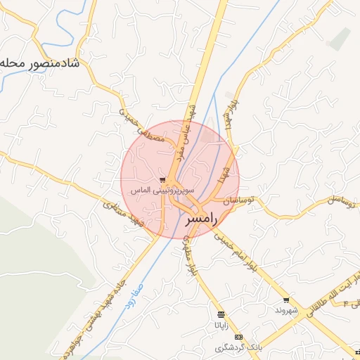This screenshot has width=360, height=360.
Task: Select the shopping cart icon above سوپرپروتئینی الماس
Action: coord(163,180)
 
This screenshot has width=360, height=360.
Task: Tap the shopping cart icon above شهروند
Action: coord(287,300)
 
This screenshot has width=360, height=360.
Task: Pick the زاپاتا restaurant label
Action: coord(221,325)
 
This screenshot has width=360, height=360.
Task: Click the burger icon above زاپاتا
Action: coord(221,314)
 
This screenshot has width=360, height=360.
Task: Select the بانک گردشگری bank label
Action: coord(238,348)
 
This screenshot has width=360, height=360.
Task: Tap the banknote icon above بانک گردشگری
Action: coord(238,337)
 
